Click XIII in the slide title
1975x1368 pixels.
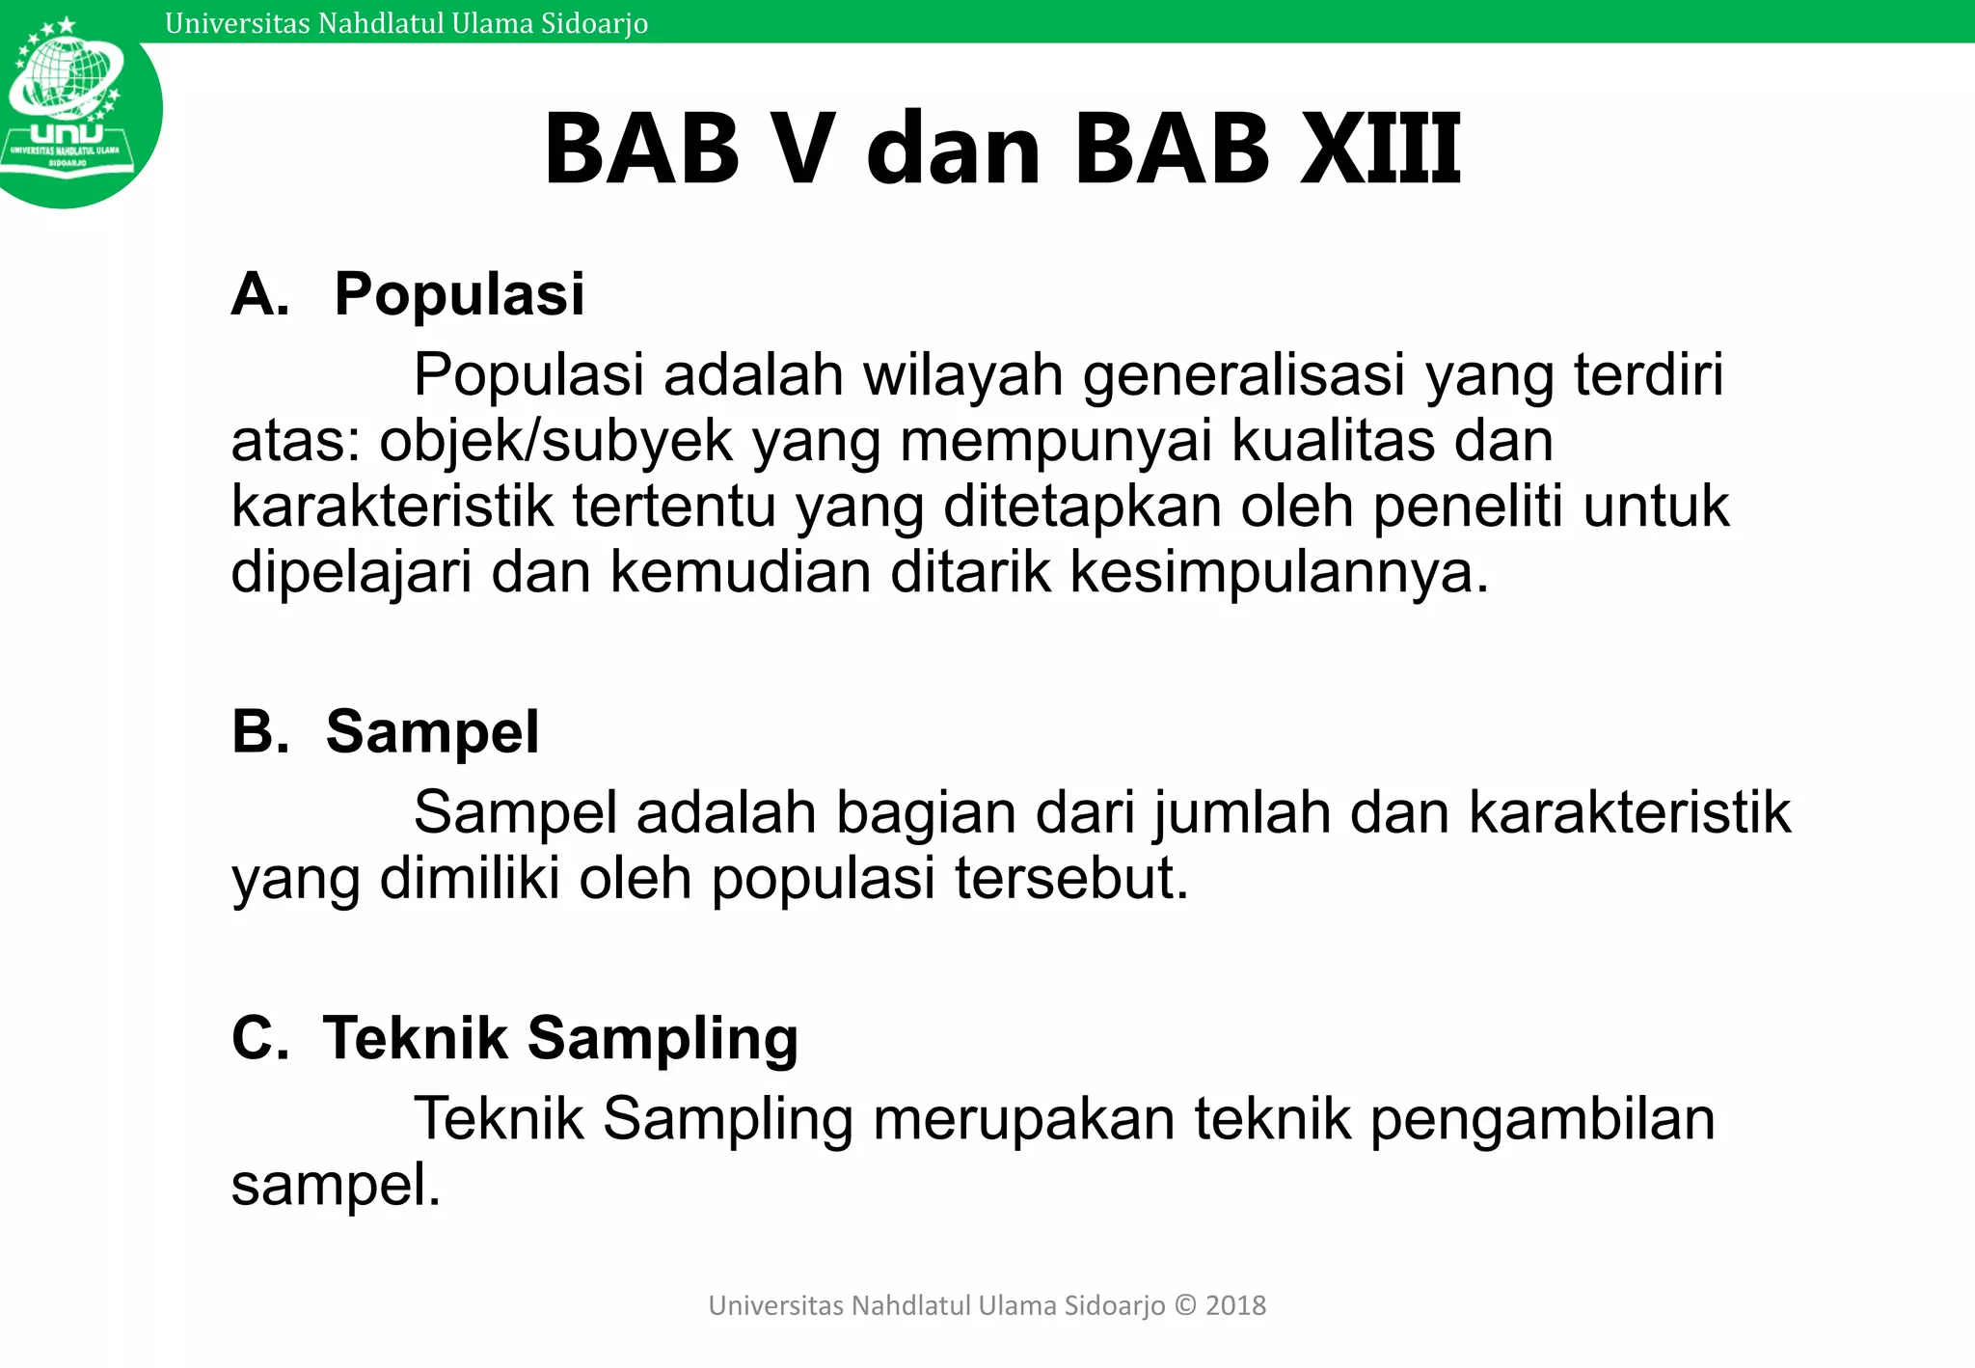tap(1381, 150)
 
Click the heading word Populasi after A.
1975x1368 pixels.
tap(459, 294)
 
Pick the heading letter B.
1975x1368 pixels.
tap(258, 731)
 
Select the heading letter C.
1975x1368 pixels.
tap(258, 1038)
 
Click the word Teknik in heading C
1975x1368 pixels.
tap(415, 1038)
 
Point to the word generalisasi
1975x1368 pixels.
tap(1244, 376)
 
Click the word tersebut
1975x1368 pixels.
tap(1071, 879)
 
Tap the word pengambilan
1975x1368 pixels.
tap(1542, 1120)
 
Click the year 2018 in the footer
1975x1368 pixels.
tap(1235, 1305)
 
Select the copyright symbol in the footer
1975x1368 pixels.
tap(1185, 1305)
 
